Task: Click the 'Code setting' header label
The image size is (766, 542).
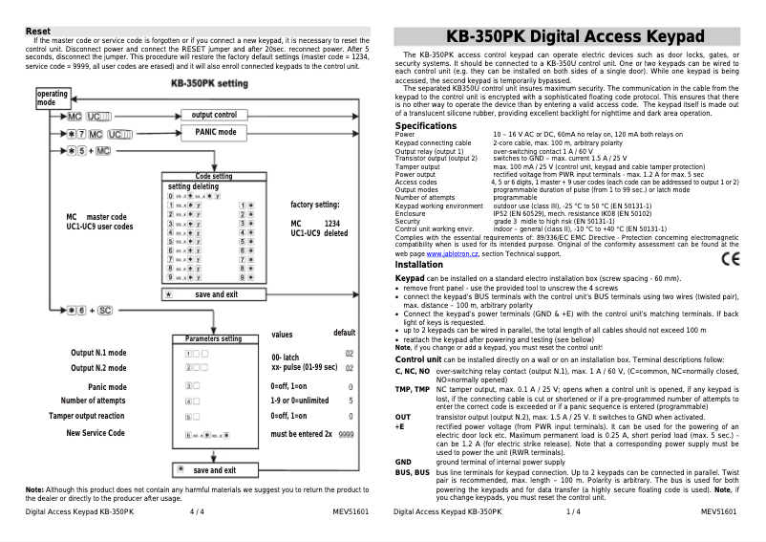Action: pos(214,177)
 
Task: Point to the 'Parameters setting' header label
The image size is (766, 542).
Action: pos(213,338)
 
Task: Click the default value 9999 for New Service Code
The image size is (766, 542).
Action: pos(346,433)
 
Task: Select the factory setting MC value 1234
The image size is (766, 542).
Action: pos(332,223)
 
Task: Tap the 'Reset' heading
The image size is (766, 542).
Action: pos(38,31)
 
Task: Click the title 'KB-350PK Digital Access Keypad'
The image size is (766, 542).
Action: pos(568,37)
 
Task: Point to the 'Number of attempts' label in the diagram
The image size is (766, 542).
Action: pos(93,401)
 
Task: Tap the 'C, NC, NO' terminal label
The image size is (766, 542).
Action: pos(413,369)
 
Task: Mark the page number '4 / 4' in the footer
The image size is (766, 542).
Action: pos(197,512)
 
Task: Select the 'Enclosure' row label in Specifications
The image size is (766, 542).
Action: pos(412,212)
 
